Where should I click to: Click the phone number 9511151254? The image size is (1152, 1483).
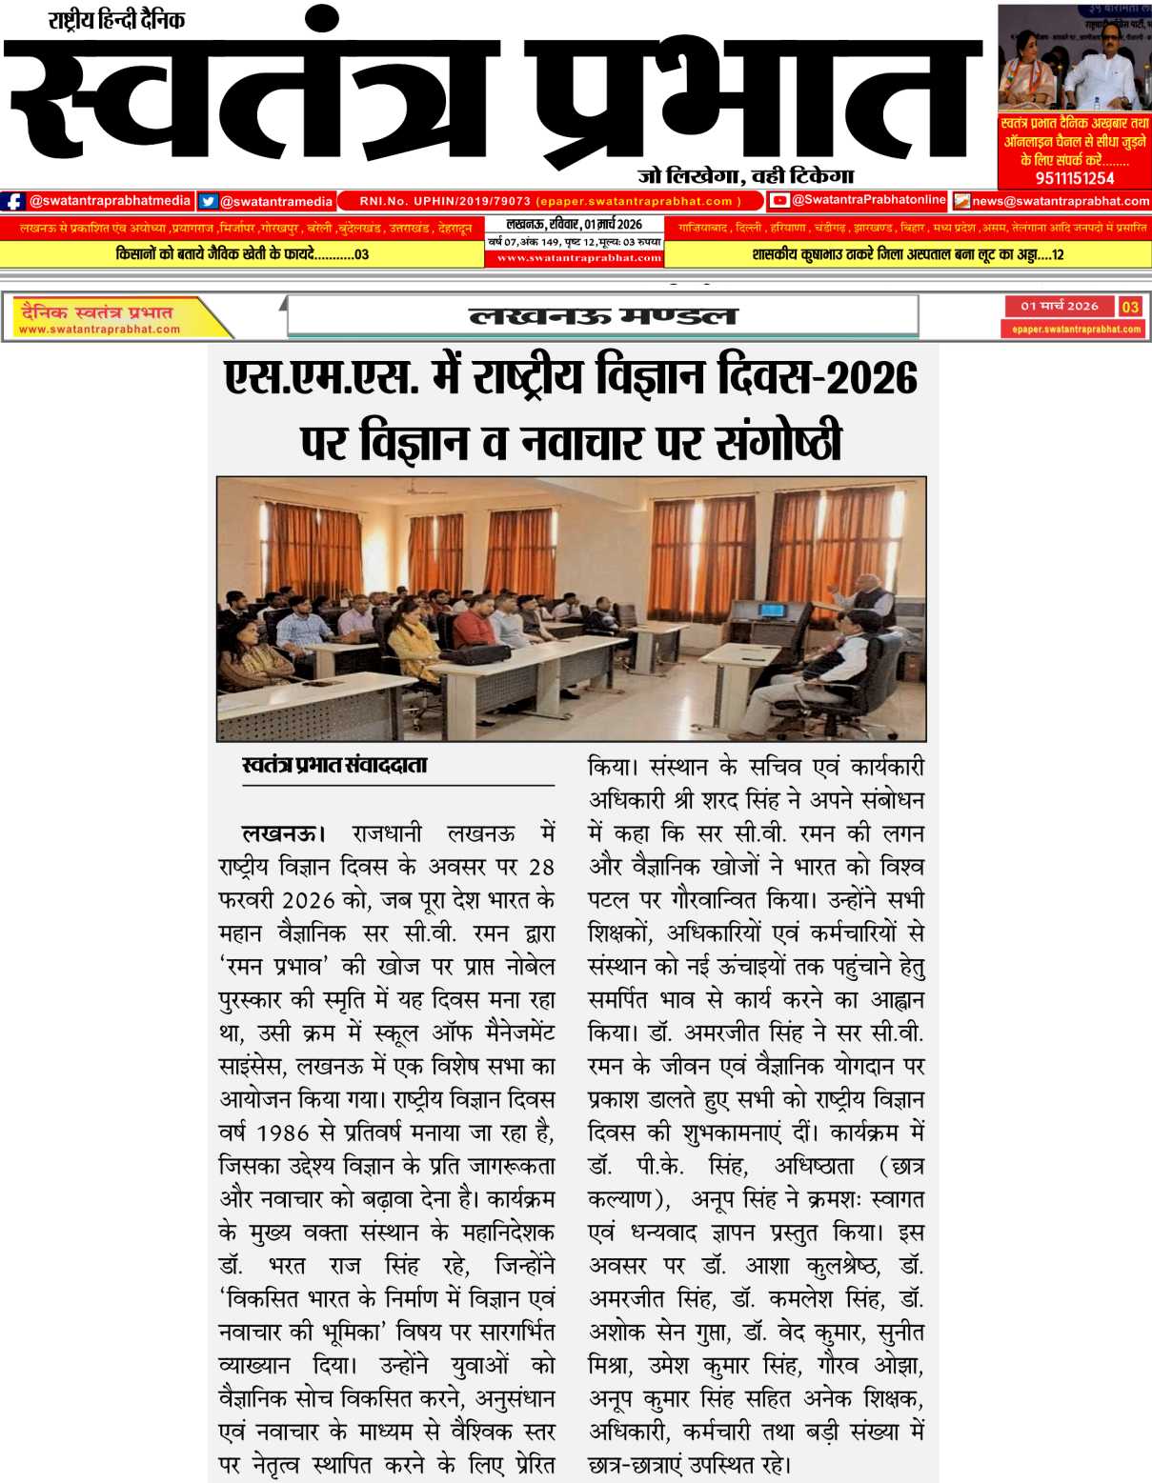1074,178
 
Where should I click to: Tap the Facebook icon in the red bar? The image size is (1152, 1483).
13,201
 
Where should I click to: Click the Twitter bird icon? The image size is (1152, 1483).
208,201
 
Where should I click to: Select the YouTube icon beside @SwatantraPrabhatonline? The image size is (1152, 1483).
779,200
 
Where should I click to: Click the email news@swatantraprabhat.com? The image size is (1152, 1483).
1060,201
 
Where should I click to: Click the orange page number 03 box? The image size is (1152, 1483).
1130,307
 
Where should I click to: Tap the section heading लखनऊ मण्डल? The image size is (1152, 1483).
603,315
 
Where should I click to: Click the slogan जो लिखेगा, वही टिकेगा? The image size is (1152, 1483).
745,175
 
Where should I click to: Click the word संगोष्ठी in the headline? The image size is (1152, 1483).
778,442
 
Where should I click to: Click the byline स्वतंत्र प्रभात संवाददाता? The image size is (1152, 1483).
334,765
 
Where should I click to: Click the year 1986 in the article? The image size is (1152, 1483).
283,1133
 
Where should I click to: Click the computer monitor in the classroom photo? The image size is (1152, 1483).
769,611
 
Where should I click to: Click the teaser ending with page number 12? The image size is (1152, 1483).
907,254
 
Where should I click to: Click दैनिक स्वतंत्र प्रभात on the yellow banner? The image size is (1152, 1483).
96,311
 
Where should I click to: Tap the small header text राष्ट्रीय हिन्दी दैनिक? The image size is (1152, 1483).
116,19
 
